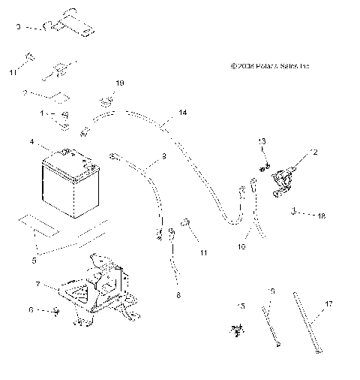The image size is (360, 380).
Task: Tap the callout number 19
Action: [119, 82]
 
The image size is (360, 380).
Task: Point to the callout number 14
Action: [183, 112]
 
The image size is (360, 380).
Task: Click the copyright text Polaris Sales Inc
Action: [269, 66]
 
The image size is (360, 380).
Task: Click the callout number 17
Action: [328, 304]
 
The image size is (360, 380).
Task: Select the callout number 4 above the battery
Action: [31, 140]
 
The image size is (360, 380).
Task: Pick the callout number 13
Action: [262, 141]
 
